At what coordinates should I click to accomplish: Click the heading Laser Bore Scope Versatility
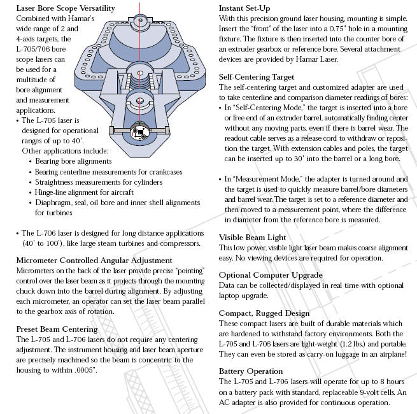coord(65,8)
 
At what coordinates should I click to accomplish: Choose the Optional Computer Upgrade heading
coord(271,275)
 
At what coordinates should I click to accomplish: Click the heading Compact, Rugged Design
coord(264,313)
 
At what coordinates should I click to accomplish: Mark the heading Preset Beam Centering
coord(57,329)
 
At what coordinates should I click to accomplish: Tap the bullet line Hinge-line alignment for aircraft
coord(85,192)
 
